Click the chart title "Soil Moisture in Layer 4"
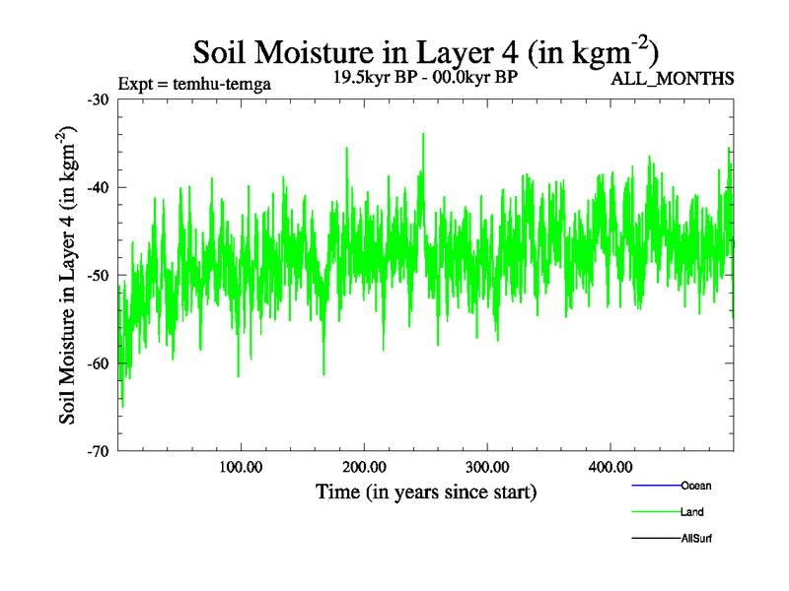coord(425,50)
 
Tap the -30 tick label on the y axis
coord(97,99)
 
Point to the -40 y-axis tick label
coord(97,187)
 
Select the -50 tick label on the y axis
coord(97,275)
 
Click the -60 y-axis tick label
coord(97,363)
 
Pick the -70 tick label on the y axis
coord(97,451)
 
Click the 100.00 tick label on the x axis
coord(241,467)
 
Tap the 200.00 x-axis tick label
coord(364,467)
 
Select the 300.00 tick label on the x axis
coord(487,467)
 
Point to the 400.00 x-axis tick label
coord(610,467)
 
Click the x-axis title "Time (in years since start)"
coord(426,491)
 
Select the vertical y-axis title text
coord(69,276)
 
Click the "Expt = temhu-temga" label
coord(194,84)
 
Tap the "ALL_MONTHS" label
coord(673,79)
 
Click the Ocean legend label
coord(695,486)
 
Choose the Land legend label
coord(692,512)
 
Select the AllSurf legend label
coord(696,539)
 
